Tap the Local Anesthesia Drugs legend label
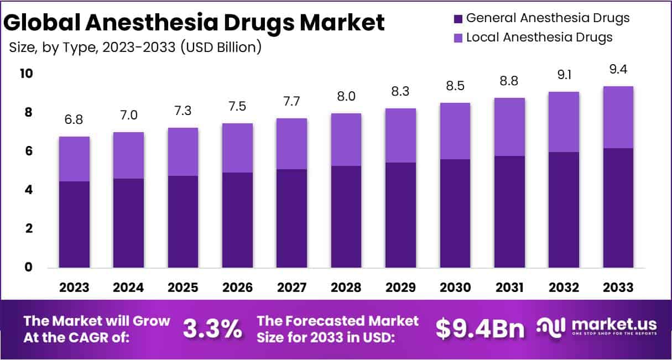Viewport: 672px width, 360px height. [539, 37]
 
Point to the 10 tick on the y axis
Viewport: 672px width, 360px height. [26, 74]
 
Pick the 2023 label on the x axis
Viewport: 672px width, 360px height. [74, 288]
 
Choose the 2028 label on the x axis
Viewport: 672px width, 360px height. [346, 288]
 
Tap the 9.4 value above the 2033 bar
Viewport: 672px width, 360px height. [618, 70]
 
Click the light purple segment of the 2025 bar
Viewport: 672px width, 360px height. [183, 152]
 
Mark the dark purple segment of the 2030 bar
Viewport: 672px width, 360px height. [455, 213]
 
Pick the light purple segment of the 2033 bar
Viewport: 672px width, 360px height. [618, 117]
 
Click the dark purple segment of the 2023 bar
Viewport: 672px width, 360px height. [74, 224]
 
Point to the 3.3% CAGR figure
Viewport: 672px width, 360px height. [212, 330]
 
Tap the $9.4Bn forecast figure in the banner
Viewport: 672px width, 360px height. [480, 330]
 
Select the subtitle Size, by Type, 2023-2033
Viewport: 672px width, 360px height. [136, 48]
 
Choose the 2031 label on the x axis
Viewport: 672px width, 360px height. [509, 288]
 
